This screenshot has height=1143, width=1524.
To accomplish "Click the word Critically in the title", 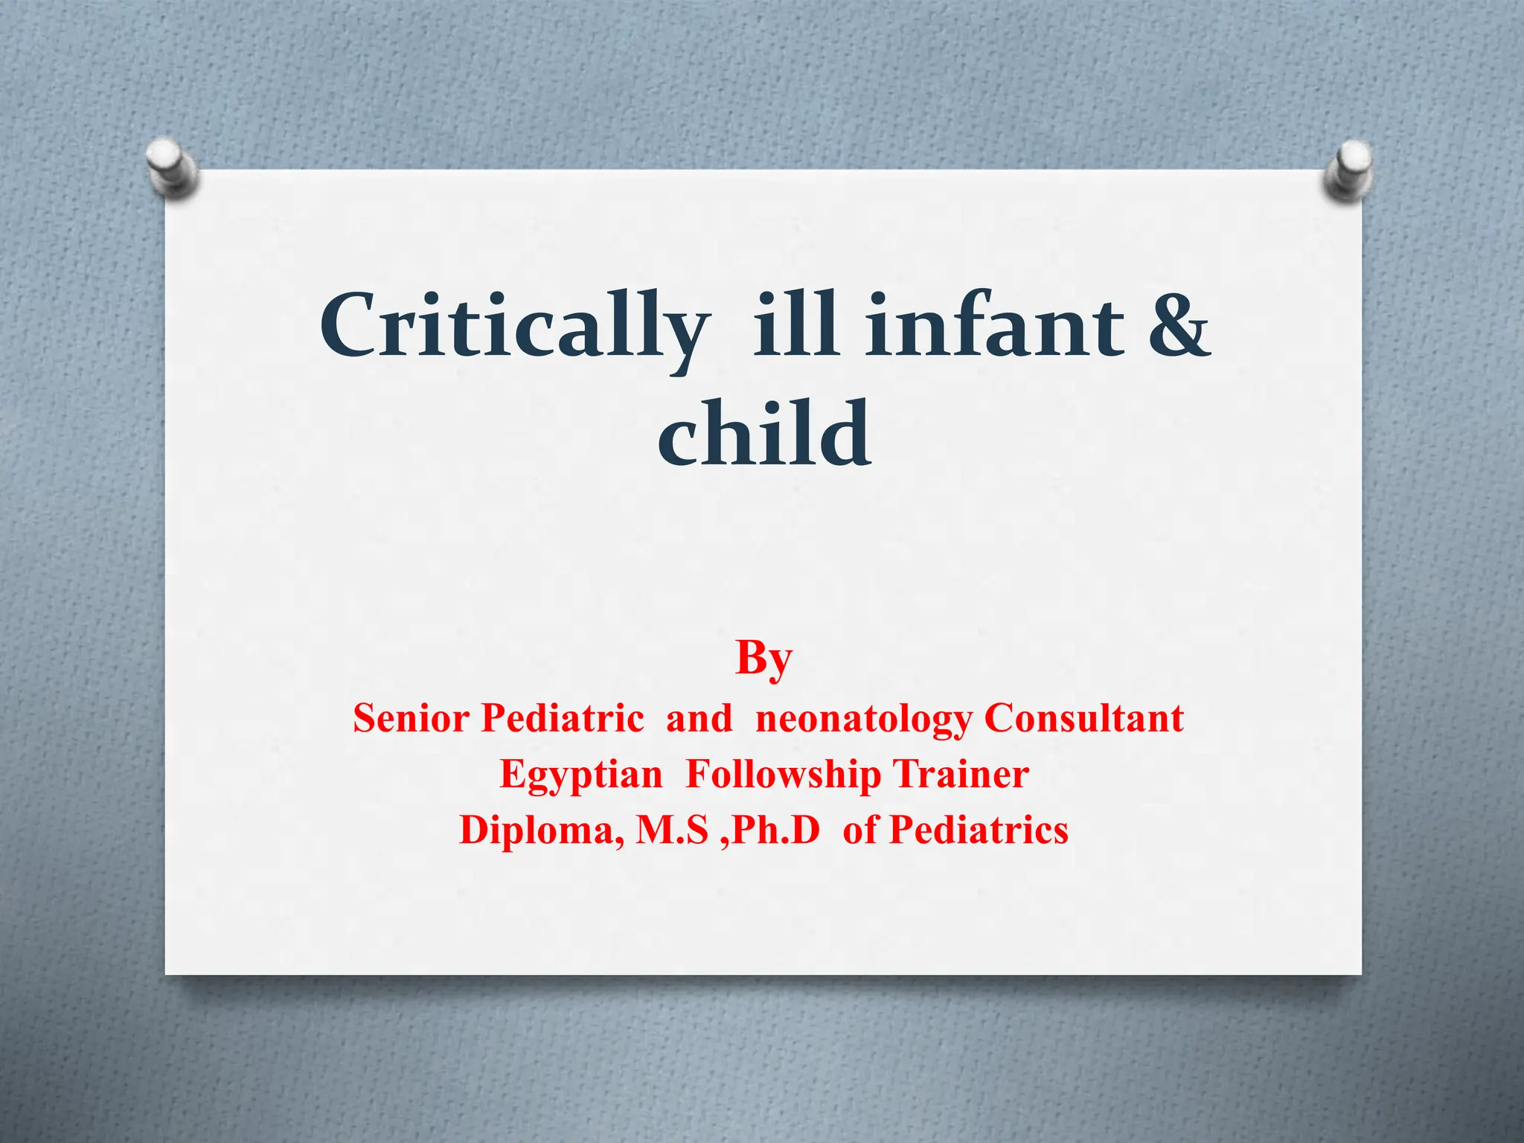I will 512,327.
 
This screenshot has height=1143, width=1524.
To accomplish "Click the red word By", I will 763,659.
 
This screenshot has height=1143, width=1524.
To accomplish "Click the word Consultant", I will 1083,719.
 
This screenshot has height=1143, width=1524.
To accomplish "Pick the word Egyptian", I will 580,775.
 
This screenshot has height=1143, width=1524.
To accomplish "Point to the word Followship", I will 784,774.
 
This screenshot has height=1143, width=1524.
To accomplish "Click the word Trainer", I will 961,774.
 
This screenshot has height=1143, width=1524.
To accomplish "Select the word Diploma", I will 542,830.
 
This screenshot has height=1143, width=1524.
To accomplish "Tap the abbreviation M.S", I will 672,830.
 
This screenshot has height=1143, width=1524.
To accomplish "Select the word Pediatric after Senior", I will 562,719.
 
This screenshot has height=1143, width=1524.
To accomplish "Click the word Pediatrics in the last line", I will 979,830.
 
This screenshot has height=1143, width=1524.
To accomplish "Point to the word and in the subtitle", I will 699,719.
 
